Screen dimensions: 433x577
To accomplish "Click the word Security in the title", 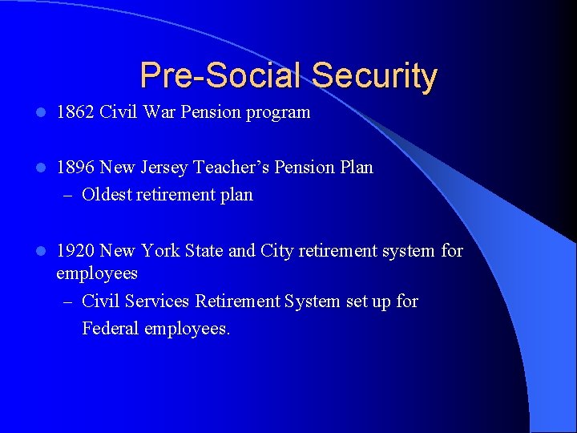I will coord(374,76).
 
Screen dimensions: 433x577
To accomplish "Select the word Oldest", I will coord(108,195).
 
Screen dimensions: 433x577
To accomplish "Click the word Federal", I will coord(111,329).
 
